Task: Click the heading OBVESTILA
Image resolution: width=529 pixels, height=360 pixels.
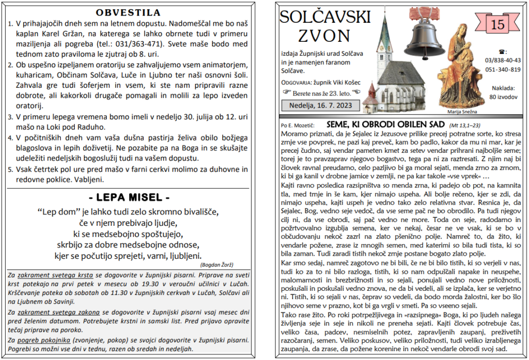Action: click(129, 12)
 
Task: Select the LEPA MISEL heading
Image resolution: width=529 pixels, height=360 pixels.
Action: click(129, 197)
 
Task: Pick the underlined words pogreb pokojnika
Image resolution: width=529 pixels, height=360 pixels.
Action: click(42, 340)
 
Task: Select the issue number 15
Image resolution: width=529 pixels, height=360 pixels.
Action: click(497, 24)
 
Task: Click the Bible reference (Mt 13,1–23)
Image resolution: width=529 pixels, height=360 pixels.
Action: click(465, 125)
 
